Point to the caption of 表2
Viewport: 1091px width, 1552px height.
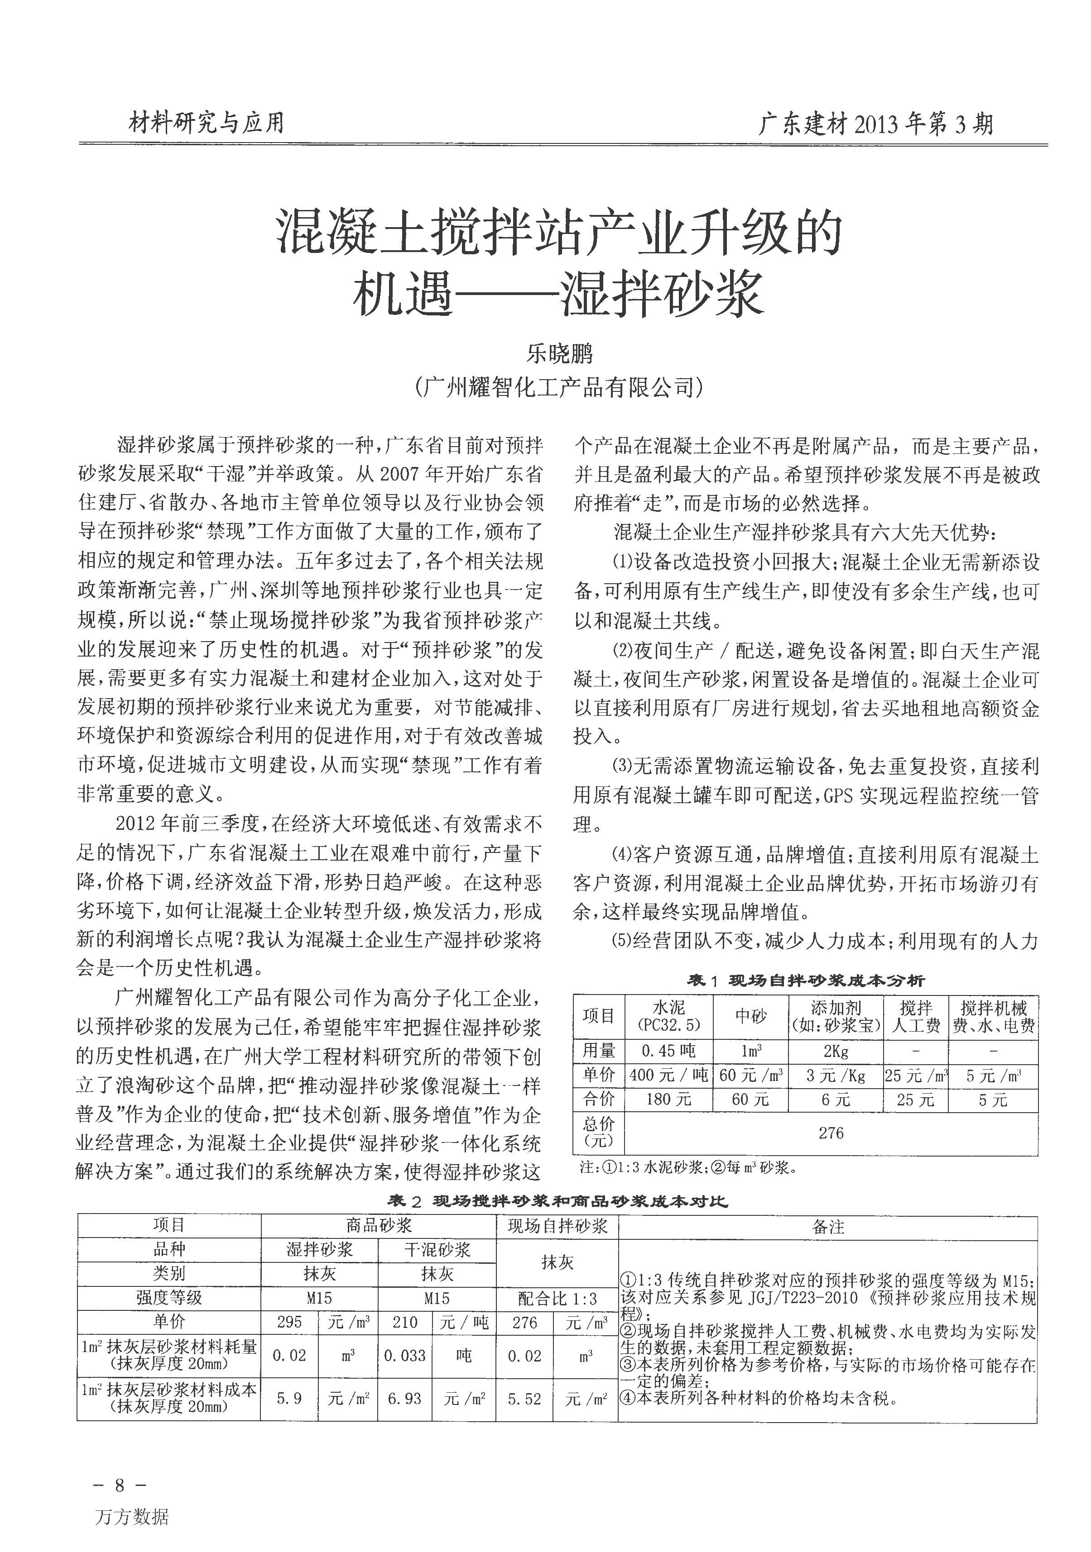pyautogui.click(x=557, y=1201)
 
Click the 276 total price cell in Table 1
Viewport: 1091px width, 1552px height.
pyautogui.click(x=831, y=1133)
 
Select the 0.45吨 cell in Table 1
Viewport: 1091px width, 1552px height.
pyautogui.click(x=668, y=1051)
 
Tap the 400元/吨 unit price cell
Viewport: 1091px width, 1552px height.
pyautogui.click(x=668, y=1076)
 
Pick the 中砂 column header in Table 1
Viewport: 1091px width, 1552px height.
pyautogui.click(x=751, y=1017)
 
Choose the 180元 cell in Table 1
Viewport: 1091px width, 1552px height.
pyautogui.click(x=668, y=1100)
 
